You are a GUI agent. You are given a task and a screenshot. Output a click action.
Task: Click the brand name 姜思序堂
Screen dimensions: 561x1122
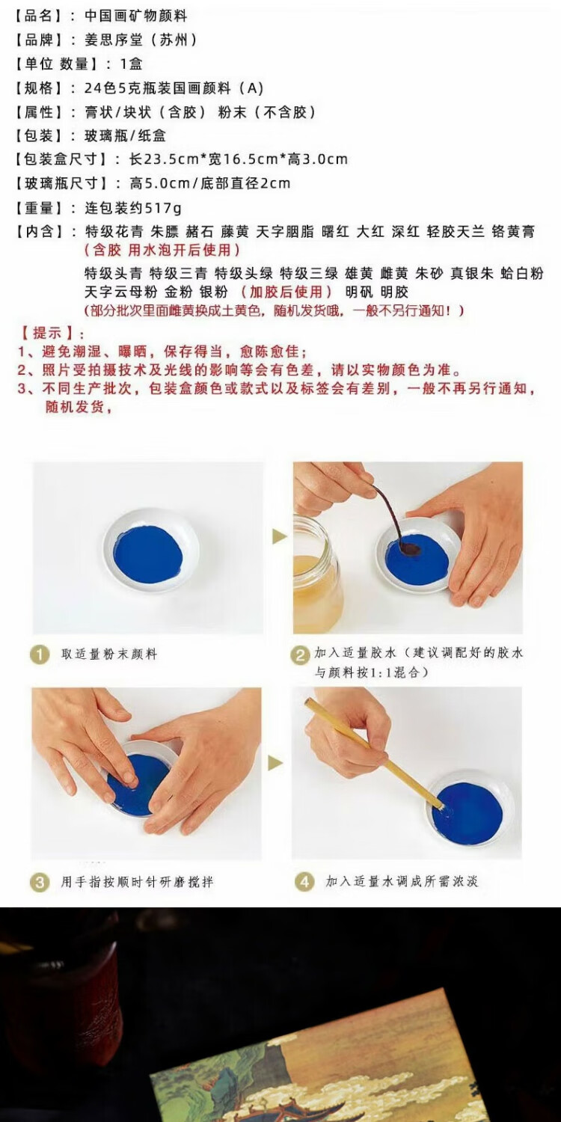(114, 40)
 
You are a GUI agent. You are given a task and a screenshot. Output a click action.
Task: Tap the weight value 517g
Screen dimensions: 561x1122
(163, 208)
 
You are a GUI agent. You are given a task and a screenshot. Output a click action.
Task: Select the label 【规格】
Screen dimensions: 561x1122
(40, 88)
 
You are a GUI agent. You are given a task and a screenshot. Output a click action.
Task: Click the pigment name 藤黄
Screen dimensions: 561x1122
(234, 231)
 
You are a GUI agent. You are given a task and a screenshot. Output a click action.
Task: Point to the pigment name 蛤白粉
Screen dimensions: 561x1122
(522, 274)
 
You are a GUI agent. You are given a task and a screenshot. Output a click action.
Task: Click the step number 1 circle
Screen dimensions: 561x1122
(40, 654)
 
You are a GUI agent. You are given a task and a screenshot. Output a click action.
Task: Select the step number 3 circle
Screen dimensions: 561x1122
(40, 882)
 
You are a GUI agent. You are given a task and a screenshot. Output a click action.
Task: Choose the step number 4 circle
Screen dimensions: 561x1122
(304, 882)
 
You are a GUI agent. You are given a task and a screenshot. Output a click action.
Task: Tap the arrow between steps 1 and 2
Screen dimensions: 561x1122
(279, 537)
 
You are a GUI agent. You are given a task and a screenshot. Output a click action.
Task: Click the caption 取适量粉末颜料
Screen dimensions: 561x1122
(109, 654)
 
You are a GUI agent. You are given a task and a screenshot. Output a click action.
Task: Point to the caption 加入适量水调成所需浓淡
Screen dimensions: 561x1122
(402, 881)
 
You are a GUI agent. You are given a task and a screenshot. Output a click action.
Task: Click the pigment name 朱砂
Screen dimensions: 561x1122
(429, 274)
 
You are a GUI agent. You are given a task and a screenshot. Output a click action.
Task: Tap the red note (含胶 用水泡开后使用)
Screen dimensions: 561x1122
(162, 249)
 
